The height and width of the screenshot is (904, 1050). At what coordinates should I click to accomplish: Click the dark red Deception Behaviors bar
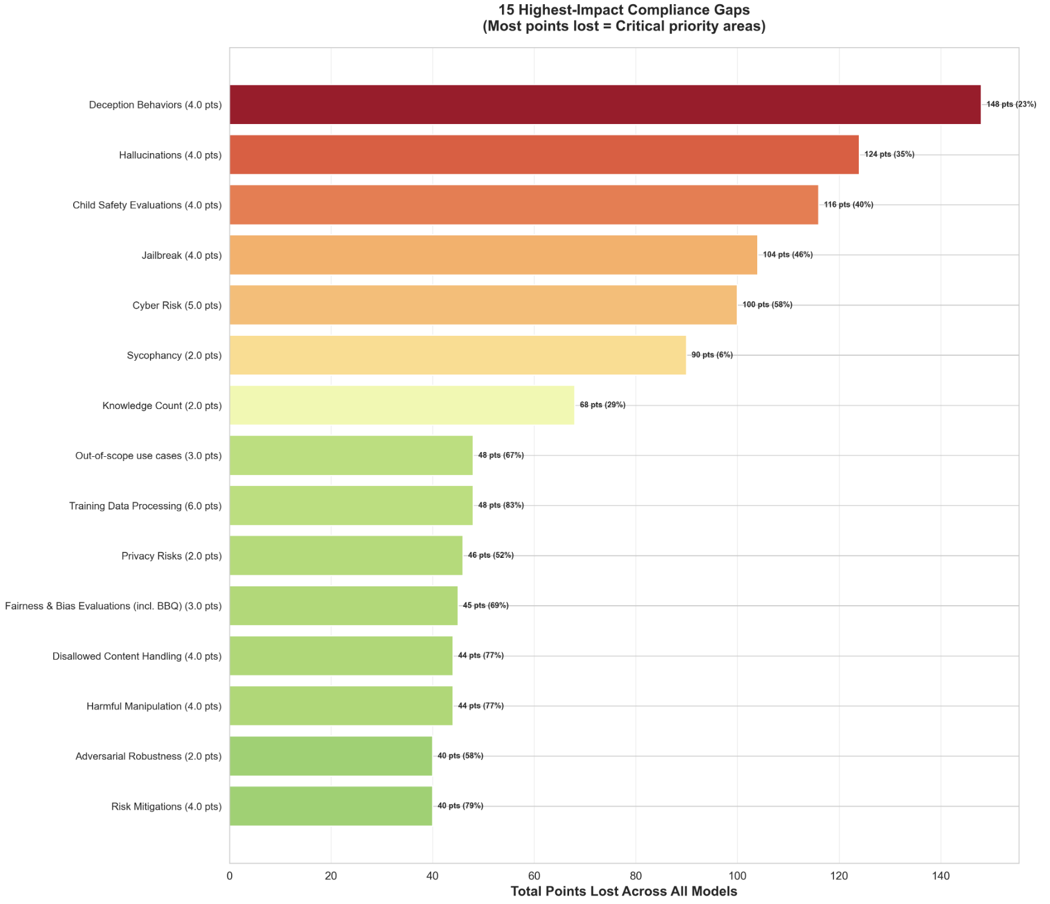tap(605, 105)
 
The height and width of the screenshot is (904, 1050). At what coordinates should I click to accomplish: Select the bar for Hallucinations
tap(544, 155)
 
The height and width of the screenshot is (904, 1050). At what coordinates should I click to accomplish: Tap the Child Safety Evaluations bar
tap(524, 205)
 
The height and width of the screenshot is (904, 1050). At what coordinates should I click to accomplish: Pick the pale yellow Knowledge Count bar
tap(402, 405)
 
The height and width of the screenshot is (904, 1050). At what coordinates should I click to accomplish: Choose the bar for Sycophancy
tap(457, 355)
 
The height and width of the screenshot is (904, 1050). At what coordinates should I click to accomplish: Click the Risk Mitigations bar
tap(331, 806)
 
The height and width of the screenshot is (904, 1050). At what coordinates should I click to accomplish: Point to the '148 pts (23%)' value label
tap(1011, 105)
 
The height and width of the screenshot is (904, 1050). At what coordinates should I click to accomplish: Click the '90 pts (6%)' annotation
tap(712, 355)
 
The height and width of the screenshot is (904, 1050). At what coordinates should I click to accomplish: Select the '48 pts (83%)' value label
tap(501, 505)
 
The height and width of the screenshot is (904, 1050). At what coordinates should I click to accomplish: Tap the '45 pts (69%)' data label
tap(486, 606)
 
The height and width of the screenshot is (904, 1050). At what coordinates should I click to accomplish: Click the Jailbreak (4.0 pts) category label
tap(181, 255)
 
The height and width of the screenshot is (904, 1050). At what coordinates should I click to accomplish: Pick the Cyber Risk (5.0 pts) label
tap(177, 306)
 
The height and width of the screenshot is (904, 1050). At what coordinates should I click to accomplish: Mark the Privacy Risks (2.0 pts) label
tap(171, 556)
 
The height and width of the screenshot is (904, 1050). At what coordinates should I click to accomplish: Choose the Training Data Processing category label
tap(145, 506)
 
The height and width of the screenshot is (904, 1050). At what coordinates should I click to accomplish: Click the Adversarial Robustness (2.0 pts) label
tap(148, 756)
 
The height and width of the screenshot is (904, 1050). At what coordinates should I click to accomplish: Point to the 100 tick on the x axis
tap(737, 876)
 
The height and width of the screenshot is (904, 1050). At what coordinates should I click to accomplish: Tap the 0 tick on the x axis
tap(230, 876)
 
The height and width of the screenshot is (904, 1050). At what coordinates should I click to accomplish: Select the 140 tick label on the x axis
tap(940, 876)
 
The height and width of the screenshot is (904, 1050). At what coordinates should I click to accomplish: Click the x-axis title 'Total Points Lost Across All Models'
tap(624, 891)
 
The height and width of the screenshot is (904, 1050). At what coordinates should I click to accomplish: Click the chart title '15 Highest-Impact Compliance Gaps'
tap(624, 10)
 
